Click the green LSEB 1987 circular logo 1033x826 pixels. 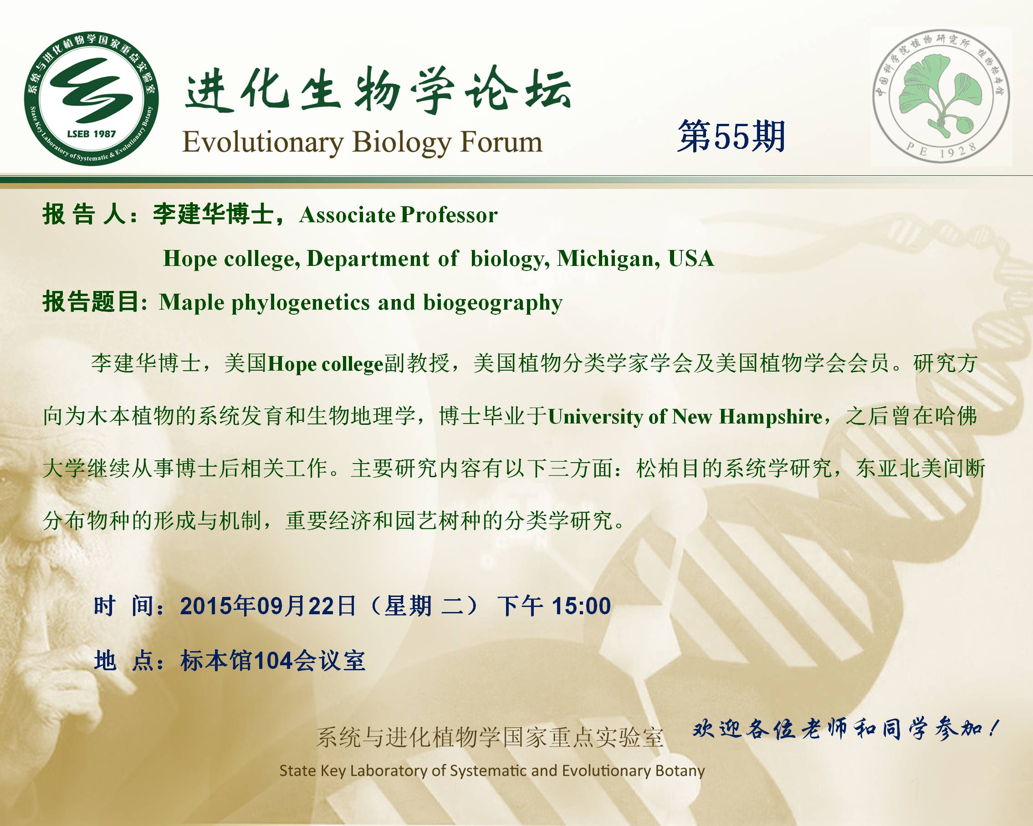pos(91,99)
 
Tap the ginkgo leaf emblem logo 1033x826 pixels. pos(941,96)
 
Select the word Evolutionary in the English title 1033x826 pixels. pos(263,143)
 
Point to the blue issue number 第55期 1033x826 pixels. pos(731,137)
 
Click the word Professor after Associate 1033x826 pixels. pos(449,214)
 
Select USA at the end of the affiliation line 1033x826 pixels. pos(691,258)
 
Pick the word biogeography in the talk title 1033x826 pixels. pos(492,303)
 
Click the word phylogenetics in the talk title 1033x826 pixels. pos(301,303)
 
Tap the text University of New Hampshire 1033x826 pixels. pos(685,417)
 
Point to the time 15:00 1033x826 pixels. pos(581,606)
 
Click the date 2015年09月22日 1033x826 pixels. pos(268,606)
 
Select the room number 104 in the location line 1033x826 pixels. pos(273,661)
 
